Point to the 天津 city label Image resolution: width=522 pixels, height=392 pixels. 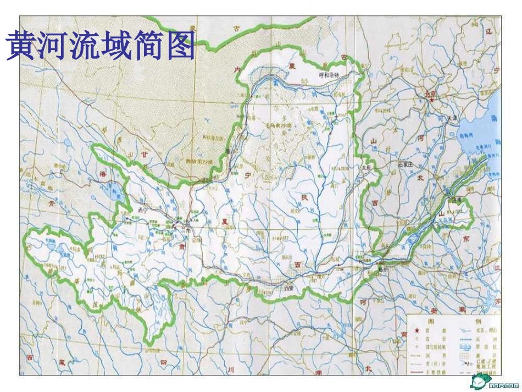pyautogui.click(x=452, y=118)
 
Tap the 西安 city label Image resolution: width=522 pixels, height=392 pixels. pyautogui.click(x=290, y=288)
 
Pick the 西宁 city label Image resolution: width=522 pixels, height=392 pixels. pyautogui.click(x=145, y=210)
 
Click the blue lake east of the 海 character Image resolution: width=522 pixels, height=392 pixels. pyautogui.click(x=117, y=192)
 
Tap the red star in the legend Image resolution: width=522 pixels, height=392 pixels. pyautogui.click(x=417, y=330)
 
